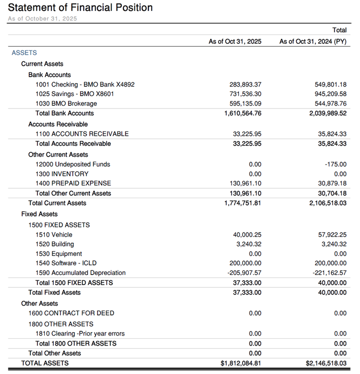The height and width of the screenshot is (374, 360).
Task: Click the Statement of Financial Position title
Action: pyautogui.click(x=81, y=8)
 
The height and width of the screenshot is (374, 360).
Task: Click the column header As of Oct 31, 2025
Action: pyautogui.click(x=235, y=42)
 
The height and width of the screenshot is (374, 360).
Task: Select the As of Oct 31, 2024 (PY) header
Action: pyautogui.click(x=313, y=42)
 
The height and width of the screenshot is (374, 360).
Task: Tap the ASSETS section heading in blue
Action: pyautogui.click(x=24, y=53)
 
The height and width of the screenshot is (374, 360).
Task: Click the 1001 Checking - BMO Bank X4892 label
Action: pyautogui.click(x=85, y=85)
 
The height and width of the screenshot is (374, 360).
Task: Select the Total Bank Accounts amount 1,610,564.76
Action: pyautogui.click(x=243, y=114)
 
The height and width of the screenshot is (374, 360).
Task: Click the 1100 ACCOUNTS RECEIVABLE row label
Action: pyautogui.click(x=82, y=134)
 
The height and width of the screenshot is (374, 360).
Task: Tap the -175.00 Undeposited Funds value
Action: pyautogui.click(x=336, y=164)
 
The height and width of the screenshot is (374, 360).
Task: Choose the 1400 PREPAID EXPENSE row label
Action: pyautogui.click(x=73, y=184)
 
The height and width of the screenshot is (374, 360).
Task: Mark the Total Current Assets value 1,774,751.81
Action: pyautogui.click(x=243, y=203)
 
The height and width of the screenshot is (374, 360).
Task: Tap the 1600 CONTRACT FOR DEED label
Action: pyautogui.click(x=71, y=313)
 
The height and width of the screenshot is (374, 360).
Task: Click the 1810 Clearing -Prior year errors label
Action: pyautogui.click(x=80, y=334)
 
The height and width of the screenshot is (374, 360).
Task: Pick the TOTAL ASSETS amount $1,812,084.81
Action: pyautogui.click(x=241, y=364)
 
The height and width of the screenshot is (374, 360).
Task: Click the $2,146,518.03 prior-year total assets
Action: pyautogui.click(x=326, y=364)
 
